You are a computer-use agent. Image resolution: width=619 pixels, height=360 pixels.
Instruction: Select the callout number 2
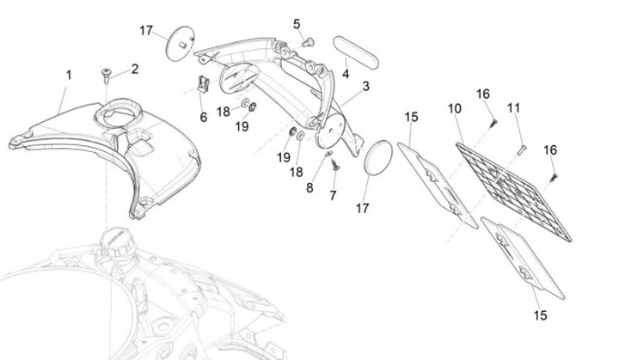tap(135, 68)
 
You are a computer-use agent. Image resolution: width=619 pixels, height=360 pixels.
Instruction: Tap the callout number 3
tap(365, 87)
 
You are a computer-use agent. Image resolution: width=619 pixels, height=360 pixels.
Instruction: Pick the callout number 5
tap(297, 23)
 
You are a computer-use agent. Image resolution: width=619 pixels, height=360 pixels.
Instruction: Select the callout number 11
tap(513, 108)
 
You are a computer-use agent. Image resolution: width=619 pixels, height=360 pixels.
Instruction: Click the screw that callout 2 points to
tap(106, 73)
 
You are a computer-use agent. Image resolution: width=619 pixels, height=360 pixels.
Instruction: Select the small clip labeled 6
tap(203, 86)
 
